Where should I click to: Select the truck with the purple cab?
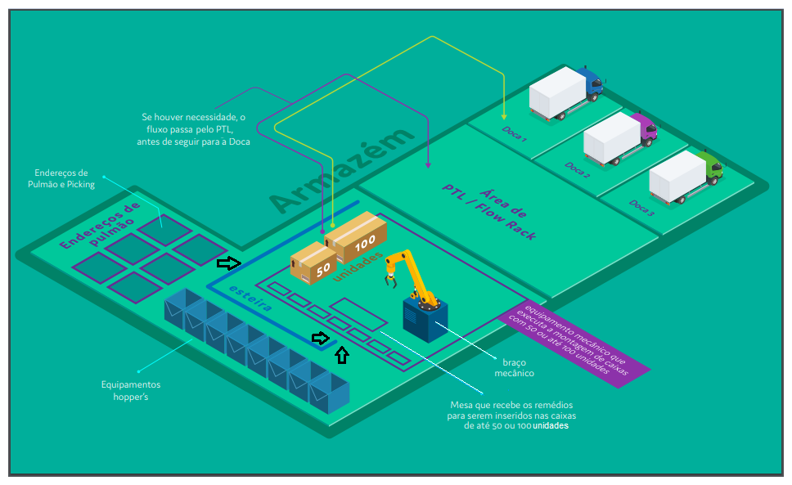click(x=620, y=137)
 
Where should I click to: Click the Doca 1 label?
click(x=513, y=133)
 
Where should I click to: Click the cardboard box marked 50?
click(x=313, y=263)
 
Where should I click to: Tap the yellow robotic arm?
click(x=407, y=271)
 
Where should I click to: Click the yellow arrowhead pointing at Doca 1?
click(x=504, y=115)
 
